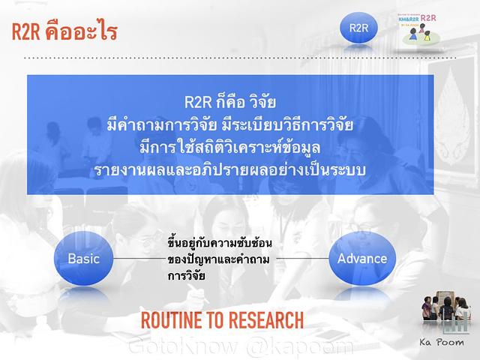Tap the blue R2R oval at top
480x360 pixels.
(358, 28)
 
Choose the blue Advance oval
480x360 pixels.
(362, 259)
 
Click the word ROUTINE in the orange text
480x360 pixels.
(172, 321)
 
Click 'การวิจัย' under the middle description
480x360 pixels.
(187, 275)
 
